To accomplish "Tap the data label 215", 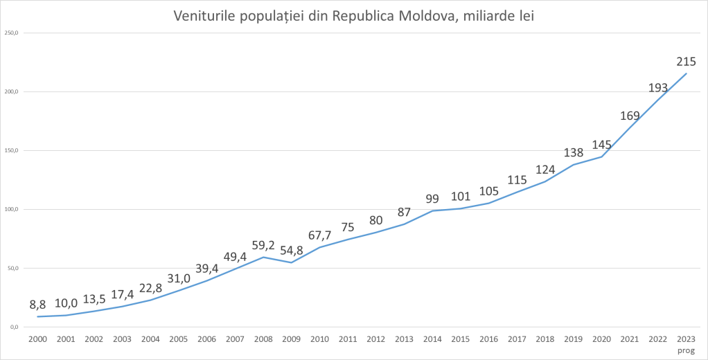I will (686, 62).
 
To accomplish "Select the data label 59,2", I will (263, 244).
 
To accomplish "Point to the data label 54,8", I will (292, 250).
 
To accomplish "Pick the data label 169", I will (630, 116).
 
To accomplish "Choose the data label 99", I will (432, 199).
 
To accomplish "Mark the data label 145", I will (602, 145).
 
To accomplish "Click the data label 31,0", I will (179, 278).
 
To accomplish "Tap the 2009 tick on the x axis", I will (292, 339).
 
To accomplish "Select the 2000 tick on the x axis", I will (37, 339).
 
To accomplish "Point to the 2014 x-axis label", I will (432, 339).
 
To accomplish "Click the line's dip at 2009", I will (292, 262).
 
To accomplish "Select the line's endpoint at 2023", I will (687, 73).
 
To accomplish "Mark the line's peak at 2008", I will (263, 257).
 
